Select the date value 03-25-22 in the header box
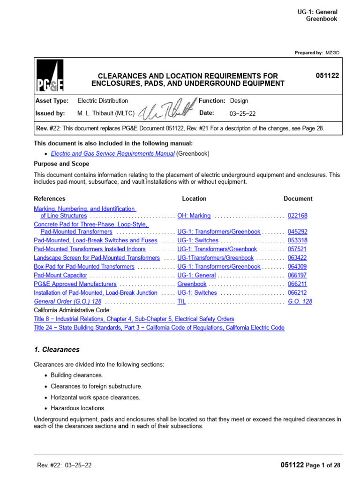coord(242,113)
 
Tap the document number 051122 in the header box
coord(328,75)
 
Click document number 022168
coord(297,216)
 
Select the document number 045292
coord(297,232)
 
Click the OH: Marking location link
coord(194,216)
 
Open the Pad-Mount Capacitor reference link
coord(60,275)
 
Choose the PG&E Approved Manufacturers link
coord(75,284)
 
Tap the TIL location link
coord(182,301)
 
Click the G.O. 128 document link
coord(300,301)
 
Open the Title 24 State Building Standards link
coord(159,328)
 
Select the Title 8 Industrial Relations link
coord(134,319)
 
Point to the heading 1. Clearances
coord(57,350)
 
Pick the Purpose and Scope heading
coord(61,164)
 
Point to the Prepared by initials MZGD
coord(331,53)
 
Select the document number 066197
coord(297,275)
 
